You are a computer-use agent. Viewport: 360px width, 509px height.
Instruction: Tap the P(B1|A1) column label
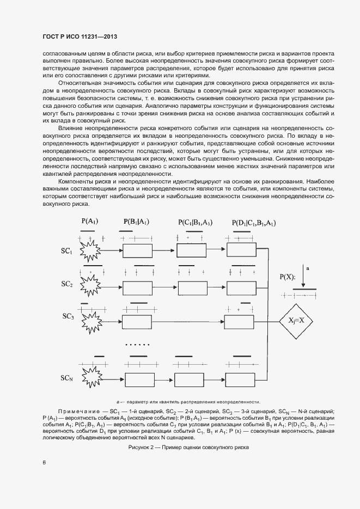[136, 222]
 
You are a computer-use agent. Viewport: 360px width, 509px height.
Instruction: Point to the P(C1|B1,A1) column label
[194, 222]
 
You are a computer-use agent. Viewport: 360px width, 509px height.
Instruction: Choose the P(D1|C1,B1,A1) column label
[253, 223]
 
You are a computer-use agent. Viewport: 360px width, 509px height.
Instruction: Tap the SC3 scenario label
[68, 316]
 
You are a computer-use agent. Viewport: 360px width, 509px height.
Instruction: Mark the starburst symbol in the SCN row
[92, 377]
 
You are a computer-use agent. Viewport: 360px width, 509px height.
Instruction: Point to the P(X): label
[288, 277]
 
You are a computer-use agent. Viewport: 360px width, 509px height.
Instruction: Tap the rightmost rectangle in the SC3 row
[240, 321]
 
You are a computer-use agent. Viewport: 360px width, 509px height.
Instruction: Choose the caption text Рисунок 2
[188, 447]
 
